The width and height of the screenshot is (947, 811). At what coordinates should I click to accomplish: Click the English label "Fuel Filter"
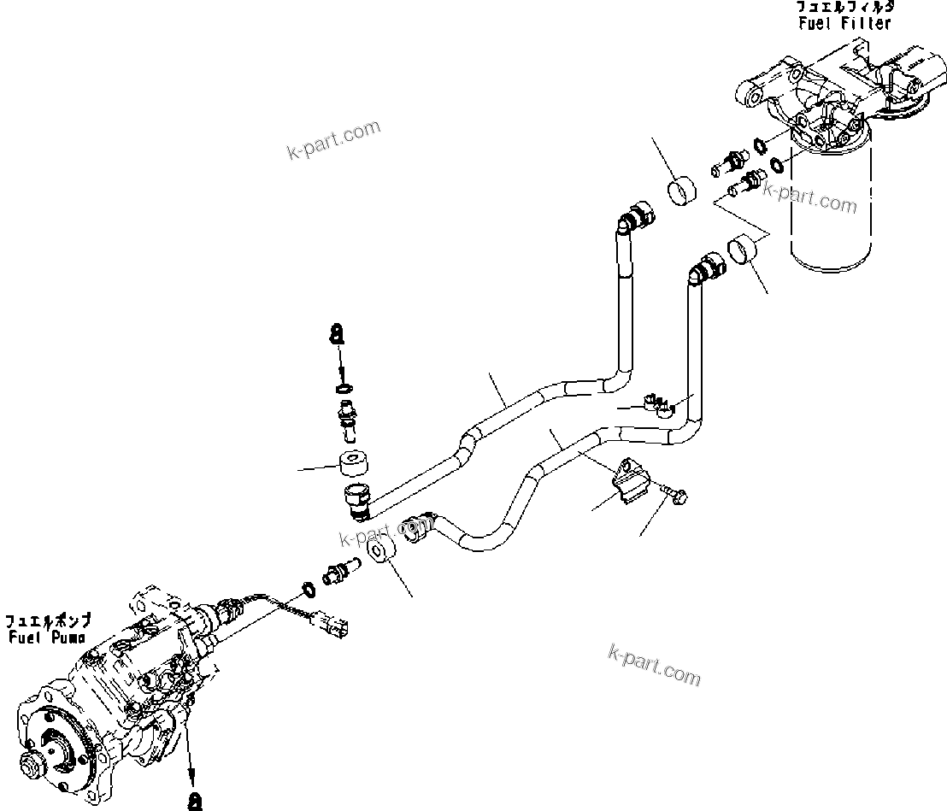(x=844, y=23)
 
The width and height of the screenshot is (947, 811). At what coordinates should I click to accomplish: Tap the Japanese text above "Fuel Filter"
(x=844, y=7)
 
